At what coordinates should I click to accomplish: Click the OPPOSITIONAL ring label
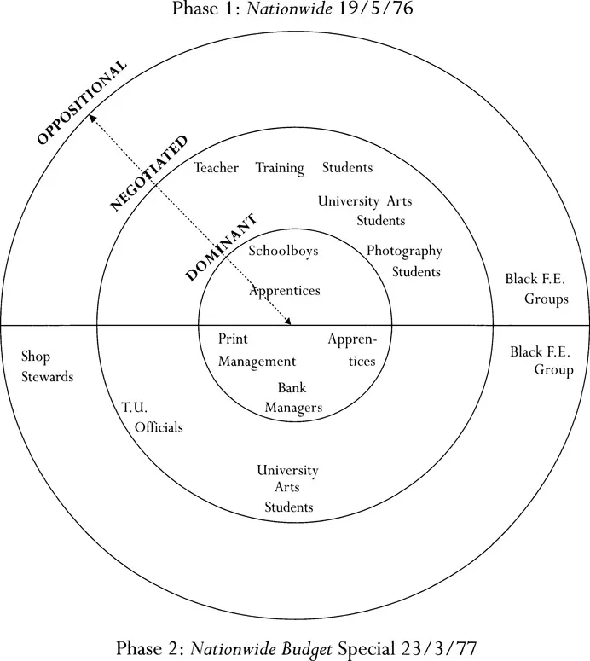tap(82, 101)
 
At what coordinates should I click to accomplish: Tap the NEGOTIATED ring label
tap(150, 173)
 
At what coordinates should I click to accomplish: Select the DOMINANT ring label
tap(221, 246)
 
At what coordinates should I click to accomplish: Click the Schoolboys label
tap(283, 252)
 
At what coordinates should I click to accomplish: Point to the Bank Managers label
tap(292, 397)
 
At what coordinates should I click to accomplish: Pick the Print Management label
tap(256, 351)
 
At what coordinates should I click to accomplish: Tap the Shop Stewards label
tap(47, 367)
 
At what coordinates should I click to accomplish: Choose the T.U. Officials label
tap(152, 417)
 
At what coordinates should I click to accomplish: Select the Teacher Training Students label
tap(283, 168)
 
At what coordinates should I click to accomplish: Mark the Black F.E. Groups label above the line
tap(535, 289)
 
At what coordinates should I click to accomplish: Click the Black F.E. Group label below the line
tap(541, 360)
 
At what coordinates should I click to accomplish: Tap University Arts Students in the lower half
tap(288, 489)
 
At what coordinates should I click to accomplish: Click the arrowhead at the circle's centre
tap(287, 322)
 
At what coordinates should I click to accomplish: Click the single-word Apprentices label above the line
tap(285, 291)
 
